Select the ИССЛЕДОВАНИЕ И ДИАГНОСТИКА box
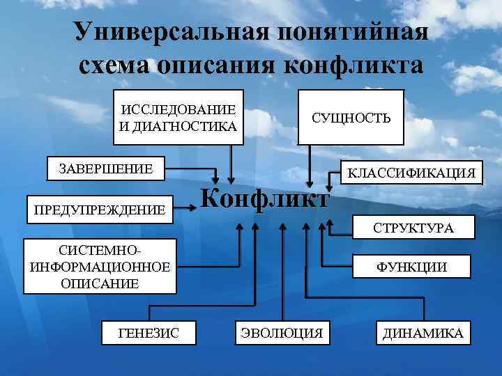click(178, 117)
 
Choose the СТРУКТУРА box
click(413, 227)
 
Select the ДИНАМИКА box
click(423, 334)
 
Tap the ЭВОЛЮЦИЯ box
click(282, 334)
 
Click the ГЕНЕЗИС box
click(149, 334)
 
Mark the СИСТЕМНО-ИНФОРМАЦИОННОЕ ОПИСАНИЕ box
click(100, 266)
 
